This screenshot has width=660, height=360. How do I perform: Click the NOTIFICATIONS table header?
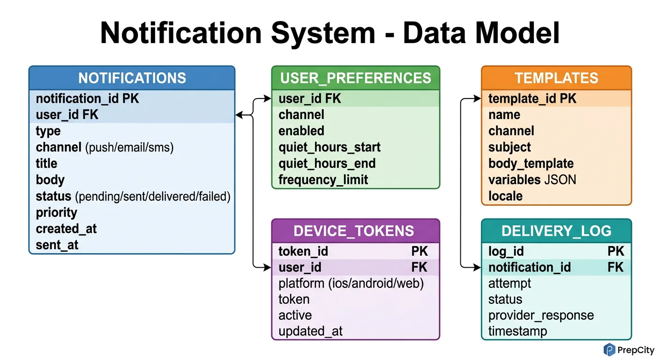(132, 78)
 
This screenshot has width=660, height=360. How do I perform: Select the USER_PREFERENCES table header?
(355, 78)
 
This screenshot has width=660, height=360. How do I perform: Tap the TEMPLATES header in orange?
(556, 78)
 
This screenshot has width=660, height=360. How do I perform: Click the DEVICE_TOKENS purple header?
(355, 231)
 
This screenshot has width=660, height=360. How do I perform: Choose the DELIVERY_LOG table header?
(556, 231)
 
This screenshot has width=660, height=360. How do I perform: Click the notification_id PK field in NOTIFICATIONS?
(87, 98)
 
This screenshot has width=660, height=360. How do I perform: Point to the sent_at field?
(57, 245)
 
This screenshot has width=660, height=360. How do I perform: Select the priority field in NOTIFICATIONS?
(56, 212)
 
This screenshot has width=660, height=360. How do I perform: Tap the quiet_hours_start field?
(329, 147)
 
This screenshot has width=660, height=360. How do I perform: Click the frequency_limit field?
(323, 180)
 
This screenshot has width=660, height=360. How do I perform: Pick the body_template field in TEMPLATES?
(531, 164)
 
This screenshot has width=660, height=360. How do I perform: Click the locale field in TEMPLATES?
(505, 196)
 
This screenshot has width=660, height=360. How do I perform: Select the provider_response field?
(541, 315)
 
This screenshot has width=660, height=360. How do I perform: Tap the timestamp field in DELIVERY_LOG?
(517, 331)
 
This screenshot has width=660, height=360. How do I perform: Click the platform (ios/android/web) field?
(351, 284)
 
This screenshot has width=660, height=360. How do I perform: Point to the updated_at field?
(310, 331)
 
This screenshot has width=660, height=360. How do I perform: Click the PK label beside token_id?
(420, 252)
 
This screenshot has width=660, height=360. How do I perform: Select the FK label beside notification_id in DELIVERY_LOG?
(615, 268)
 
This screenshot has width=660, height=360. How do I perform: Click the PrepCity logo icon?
(609, 350)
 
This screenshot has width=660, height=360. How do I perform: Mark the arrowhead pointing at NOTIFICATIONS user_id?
(239, 115)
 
